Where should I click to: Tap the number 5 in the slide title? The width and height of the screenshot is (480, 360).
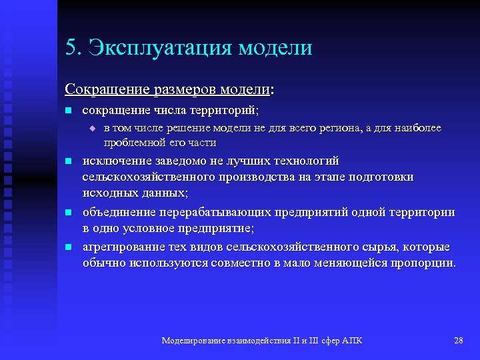70,48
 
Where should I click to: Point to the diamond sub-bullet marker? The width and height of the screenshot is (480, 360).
93,128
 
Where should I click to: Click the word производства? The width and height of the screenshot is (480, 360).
251,177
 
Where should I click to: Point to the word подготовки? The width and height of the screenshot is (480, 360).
381,177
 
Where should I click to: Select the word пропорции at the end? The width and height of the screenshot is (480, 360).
425,263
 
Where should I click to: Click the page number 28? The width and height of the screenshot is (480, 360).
458,341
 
